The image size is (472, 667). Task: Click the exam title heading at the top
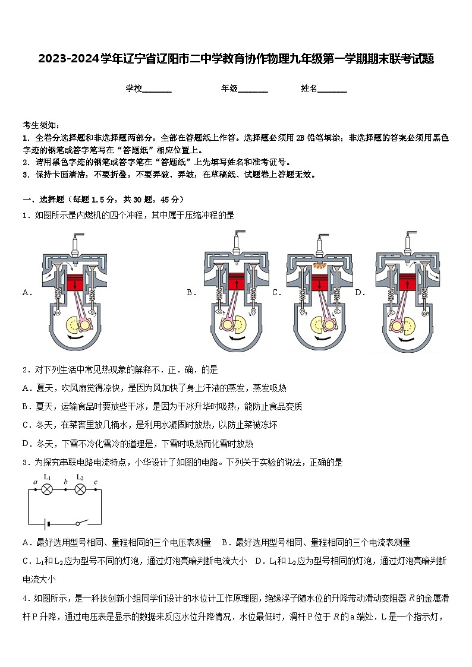(x=236, y=59)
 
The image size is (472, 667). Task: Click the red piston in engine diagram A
(x=75, y=283)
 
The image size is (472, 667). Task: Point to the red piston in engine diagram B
(x=236, y=282)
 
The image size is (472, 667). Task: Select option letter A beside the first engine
(x=26, y=292)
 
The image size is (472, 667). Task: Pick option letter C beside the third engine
(x=276, y=292)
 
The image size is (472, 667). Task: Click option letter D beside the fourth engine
(x=359, y=292)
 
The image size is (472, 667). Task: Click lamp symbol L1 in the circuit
(x=47, y=490)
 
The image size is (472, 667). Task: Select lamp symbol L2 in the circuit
(x=80, y=490)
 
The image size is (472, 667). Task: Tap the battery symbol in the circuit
(x=47, y=524)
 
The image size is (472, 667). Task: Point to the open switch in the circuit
(x=81, y=523)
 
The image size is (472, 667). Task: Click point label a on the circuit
(x=36, y=482)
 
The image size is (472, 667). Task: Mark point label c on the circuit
(x=96, y=482)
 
